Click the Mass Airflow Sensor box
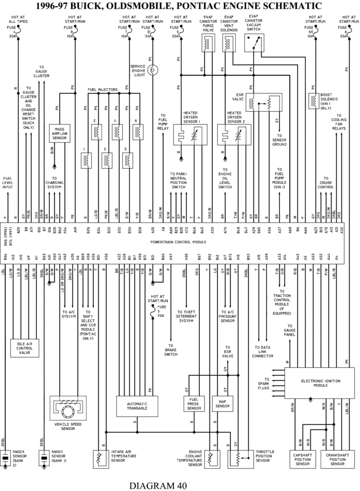(60, 134)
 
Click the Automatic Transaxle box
(137, 405)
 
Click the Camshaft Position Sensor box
(302, 459)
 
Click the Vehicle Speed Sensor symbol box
(68, 409)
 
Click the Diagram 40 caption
(158, 485)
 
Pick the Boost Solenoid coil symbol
(314, 101)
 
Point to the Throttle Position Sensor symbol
(240, 459)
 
